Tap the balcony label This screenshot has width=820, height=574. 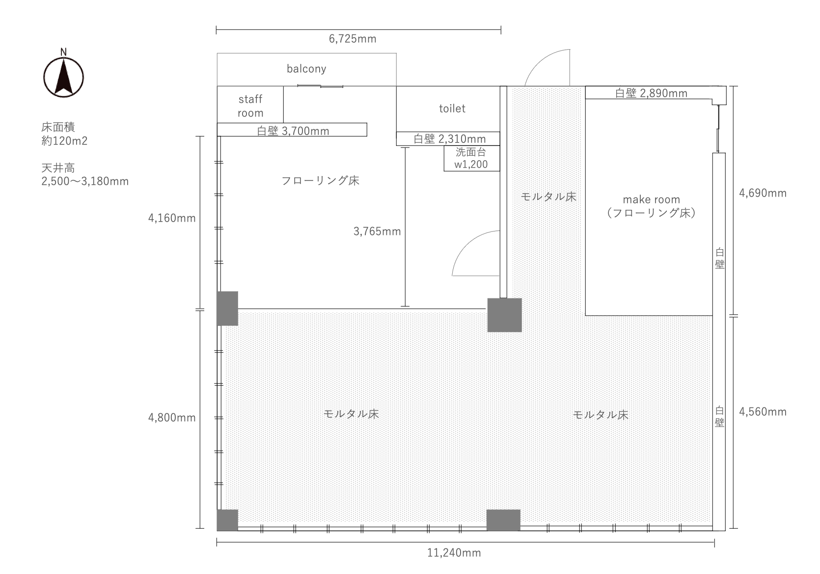point(306,68)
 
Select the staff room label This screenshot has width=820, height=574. point(250,106)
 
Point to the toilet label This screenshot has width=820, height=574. point(452,109)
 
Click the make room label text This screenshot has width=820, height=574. point(652,200)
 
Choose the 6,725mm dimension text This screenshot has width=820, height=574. point(353,39)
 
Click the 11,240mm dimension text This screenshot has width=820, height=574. point(454,553)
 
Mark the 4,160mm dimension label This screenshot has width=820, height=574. point(172,218)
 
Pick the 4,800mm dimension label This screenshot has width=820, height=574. point(172,418)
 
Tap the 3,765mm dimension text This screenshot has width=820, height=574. point(377,231)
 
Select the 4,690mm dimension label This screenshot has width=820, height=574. point(763,193)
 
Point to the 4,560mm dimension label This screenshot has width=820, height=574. point(763,412)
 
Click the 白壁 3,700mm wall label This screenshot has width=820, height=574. point(293,131)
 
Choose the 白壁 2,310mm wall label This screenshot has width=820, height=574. point(450,139)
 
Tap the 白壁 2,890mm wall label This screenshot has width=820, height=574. point(651,93)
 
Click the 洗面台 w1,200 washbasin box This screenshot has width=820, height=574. point(472,158)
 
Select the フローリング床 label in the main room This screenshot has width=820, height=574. point(320,180)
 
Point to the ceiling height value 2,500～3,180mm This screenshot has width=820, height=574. point(85,181)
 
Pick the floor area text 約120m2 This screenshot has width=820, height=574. point(64,141)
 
